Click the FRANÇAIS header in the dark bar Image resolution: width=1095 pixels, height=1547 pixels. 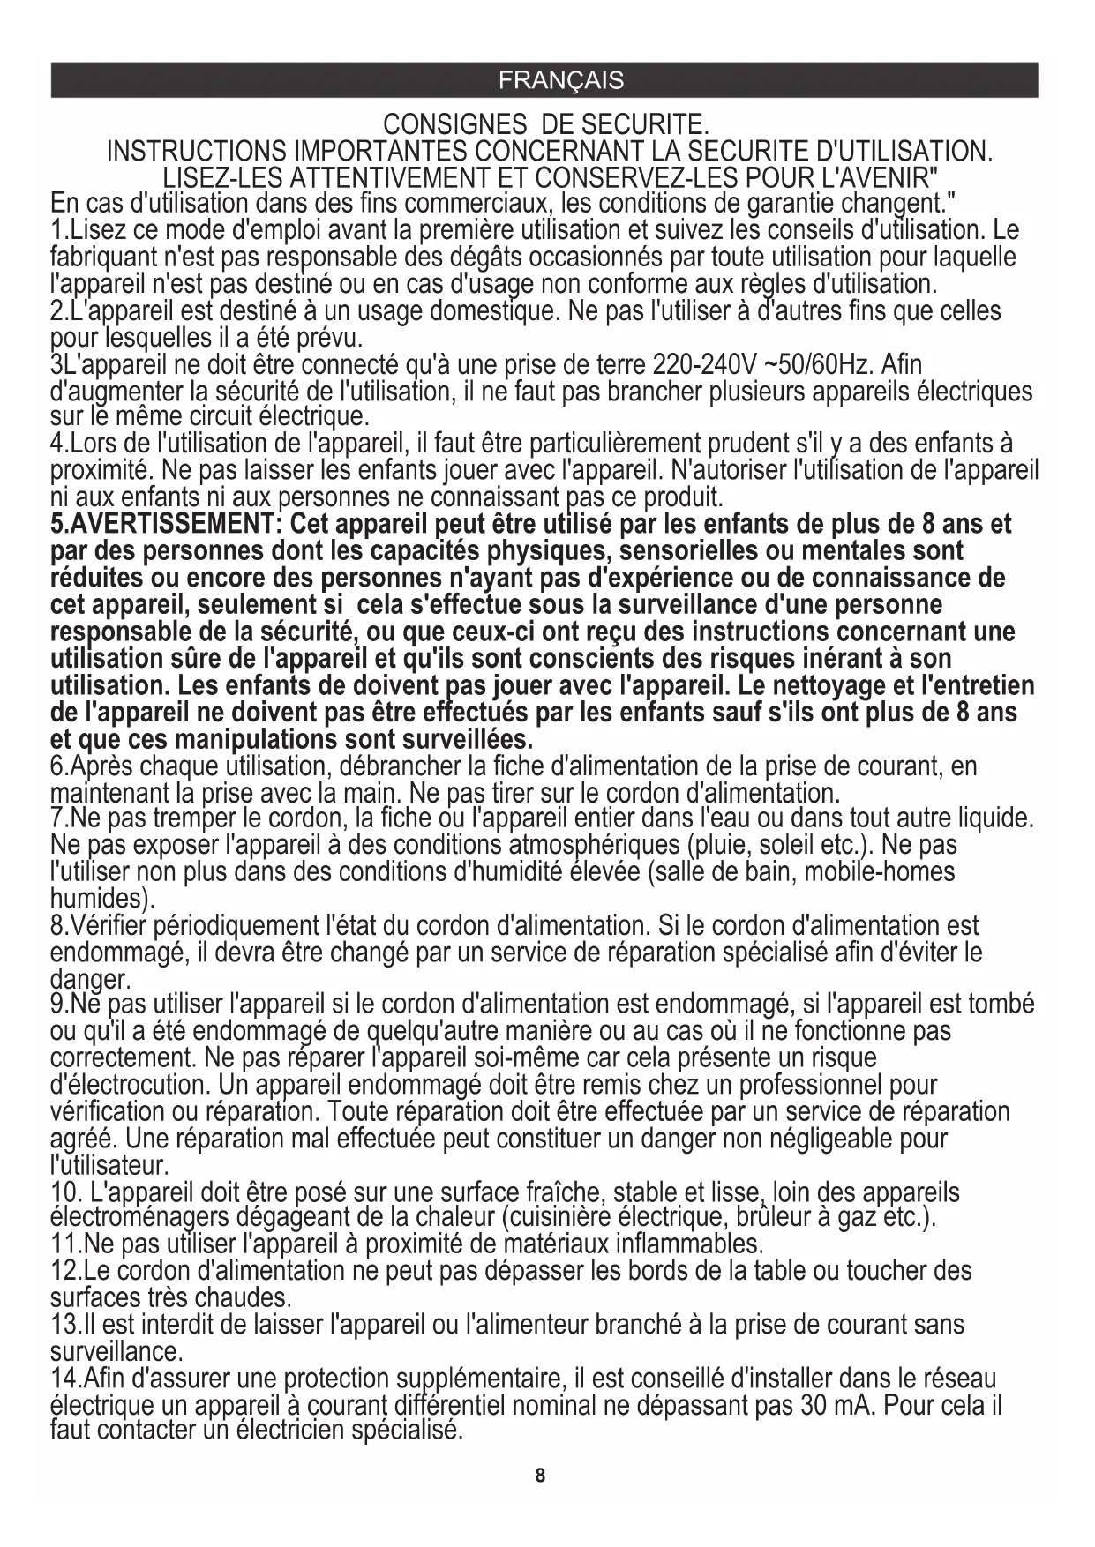click(x=560, y=80)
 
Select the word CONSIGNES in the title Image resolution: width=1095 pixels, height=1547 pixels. click(x=454, y=123)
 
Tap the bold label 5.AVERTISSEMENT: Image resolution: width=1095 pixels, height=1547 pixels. click(x=164, y=524)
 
